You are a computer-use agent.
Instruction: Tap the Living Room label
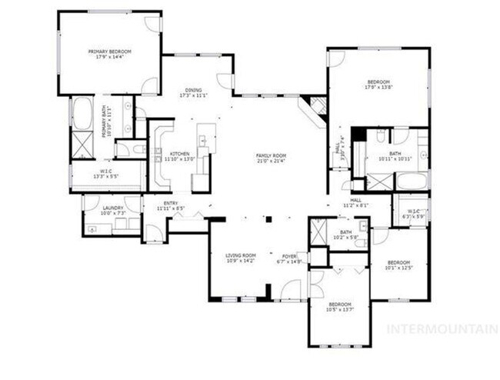[239, 258]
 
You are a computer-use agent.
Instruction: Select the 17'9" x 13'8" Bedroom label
[378, 84]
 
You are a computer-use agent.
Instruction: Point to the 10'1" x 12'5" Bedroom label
[399, 265]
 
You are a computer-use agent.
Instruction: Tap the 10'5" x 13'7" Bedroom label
[339, 306]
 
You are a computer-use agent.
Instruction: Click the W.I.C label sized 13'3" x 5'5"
[107, 174]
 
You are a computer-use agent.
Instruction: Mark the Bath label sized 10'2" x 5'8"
[345, 234]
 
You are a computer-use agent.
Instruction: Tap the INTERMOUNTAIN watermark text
[441, 329]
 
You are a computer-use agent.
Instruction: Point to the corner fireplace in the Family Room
[314, 109]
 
